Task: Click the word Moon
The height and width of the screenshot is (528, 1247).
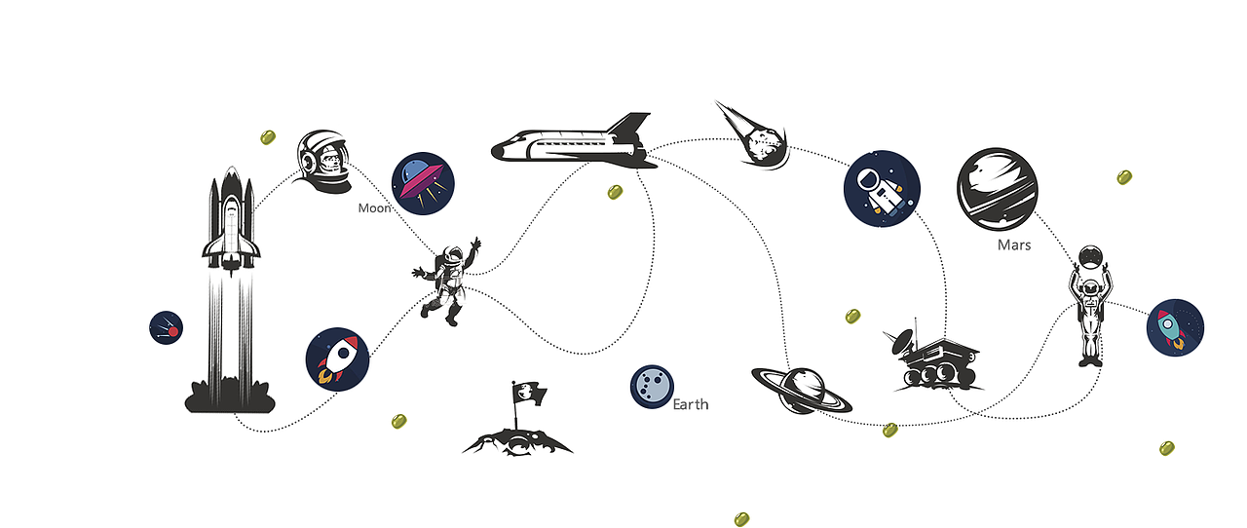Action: click(x=374, y=208)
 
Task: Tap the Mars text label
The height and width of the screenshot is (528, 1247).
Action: click(x=1014, y=245)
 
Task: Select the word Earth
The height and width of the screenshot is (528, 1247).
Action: click(x=691, y=404)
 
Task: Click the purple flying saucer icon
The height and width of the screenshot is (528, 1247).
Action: click(x=423, y=183)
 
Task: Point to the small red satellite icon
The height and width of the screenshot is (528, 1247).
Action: click(x=166, y=327)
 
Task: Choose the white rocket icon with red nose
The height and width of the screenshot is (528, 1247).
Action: click(x=337, y=359)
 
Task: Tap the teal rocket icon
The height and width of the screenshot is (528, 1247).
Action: click(x=1175, y=327)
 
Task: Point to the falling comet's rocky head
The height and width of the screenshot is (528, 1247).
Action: click(x=767, y=145)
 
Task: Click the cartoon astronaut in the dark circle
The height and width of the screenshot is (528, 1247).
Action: click(x=882, y=189)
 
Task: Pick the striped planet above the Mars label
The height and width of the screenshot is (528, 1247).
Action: click(x=997, y=188)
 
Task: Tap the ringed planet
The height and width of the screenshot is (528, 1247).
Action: click(x=802, y=390)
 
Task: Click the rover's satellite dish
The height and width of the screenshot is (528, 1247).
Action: click(x=903, y=341)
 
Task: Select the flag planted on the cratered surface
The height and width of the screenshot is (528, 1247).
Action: click(x=528, y=394)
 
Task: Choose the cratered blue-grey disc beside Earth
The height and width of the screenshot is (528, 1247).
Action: click(x=652, y=387)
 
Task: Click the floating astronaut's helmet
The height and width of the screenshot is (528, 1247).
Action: click(x=453, y=255)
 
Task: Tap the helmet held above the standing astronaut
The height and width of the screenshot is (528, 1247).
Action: click(x=1090, y=257)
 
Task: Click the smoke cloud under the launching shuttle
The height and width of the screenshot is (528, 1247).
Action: click(x=230, y=396)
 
